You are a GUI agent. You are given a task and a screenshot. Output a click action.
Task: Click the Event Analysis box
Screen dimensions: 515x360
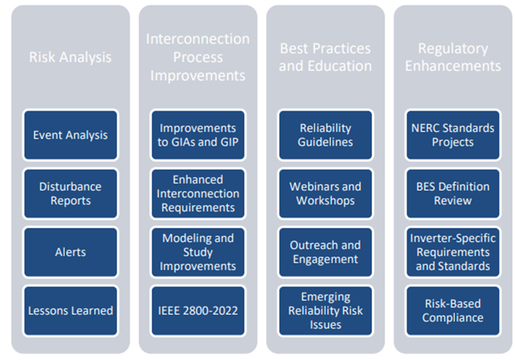tap(70, 135)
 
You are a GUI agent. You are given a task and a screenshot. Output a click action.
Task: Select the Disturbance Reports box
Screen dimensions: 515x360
tap(70, 193)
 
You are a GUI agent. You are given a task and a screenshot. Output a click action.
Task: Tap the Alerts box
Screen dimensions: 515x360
tap(70, 252)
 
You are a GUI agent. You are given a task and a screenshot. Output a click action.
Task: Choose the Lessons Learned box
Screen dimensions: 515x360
tap(70, 311)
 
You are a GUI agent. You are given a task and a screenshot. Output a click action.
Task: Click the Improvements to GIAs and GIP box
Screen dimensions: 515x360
tap(198, 135)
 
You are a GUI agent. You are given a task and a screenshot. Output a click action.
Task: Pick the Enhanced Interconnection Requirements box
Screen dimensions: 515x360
tap(198, 193)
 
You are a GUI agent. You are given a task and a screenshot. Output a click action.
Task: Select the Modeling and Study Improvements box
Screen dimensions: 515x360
tap(198, 252)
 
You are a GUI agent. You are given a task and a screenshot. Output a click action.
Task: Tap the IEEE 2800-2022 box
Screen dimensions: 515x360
tap(198, 311)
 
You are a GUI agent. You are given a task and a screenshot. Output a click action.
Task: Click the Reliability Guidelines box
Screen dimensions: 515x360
tap(326, 135)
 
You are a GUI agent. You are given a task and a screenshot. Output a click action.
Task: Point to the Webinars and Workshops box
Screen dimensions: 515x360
tap(326, 193)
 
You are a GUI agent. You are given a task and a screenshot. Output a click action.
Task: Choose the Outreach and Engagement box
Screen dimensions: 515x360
tap(326, 252)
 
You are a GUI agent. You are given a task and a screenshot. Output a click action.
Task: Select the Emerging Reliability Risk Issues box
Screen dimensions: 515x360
tap(326, 311)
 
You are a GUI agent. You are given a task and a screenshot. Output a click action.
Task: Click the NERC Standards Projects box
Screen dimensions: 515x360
tap(453, 135)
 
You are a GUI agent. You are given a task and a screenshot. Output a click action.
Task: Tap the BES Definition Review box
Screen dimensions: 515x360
tap(453, 193)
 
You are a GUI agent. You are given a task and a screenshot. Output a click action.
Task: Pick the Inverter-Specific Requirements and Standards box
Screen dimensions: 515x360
tap(453, 252)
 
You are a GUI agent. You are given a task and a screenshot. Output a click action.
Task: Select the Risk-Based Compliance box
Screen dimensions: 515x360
tap(453, 311)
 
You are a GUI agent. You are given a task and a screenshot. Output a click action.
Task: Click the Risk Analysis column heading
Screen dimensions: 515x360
tap(70, 57)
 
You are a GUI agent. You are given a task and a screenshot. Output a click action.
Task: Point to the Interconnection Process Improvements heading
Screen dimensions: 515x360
tap(198, 57)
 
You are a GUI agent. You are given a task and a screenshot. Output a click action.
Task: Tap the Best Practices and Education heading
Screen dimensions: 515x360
tap(326, 57)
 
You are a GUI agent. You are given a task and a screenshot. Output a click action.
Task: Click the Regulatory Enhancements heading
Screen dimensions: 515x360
tap(453, 57)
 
